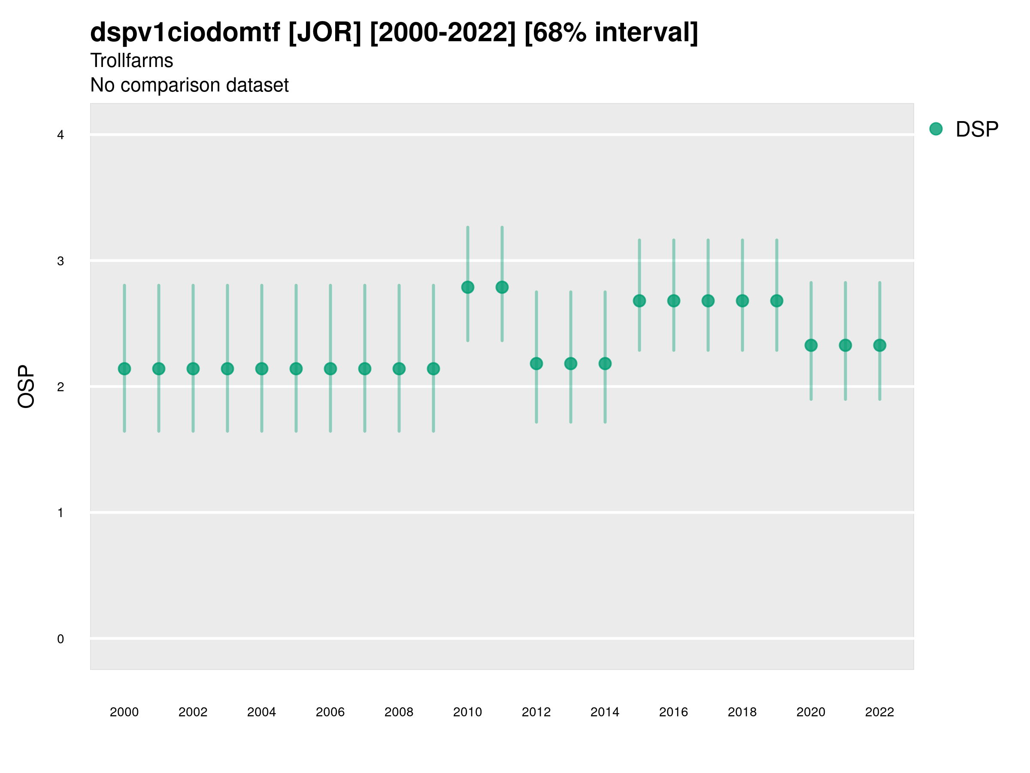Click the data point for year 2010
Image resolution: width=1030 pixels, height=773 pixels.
click(x=467, y=287)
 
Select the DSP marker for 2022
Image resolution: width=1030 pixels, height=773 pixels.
click(x=880, y=345)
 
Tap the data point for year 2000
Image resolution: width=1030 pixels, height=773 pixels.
click(x=124, y=368)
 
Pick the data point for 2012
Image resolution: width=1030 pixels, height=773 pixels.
click(x=536, y=363)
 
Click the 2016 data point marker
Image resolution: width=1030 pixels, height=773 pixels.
click(x=674, y=301)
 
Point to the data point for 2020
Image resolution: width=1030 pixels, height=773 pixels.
click(x=811, y=345)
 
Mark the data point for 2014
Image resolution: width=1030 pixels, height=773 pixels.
click(x=605, y=363)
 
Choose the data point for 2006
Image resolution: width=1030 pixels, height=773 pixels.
click(x=330, y=368)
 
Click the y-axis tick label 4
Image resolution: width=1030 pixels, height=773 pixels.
click(x=61, y=135)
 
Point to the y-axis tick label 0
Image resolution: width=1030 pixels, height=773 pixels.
click(x=61, y=639)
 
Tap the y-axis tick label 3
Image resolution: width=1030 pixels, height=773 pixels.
click(x=61, y=261)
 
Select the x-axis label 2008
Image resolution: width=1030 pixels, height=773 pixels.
click(x=399, y=712)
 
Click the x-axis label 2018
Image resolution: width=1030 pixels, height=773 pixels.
click(x=742, y=712)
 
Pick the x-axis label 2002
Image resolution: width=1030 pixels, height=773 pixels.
click(x=193, y=712)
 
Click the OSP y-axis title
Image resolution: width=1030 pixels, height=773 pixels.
click(x=26, y=387)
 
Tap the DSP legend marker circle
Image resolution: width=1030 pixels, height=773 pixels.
click(x=936, y=129)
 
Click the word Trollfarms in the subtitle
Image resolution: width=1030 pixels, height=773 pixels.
click(x=132, y=61)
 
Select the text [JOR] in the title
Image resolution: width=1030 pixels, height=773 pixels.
click(x=324, y=33)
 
